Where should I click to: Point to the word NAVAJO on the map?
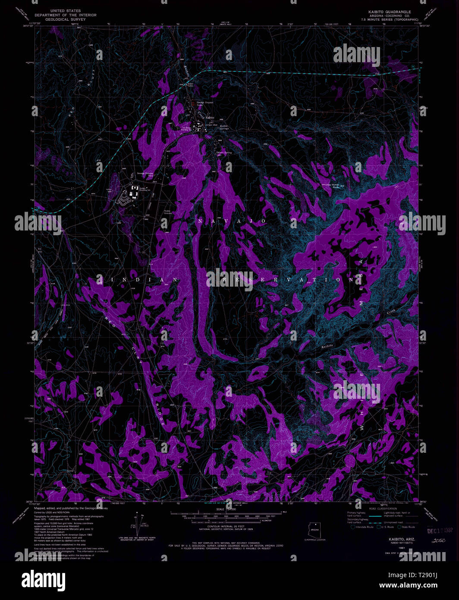click(231, 221)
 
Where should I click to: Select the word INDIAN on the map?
click(138, 280)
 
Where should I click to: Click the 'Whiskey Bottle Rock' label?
click(330, 186)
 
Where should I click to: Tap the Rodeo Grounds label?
click(168, 212)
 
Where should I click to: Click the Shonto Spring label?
click(224, 152)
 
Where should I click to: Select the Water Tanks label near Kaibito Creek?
click(190, 85)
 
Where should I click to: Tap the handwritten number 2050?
click(438, 540)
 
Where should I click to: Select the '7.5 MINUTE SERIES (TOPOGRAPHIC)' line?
click(390, 20)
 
